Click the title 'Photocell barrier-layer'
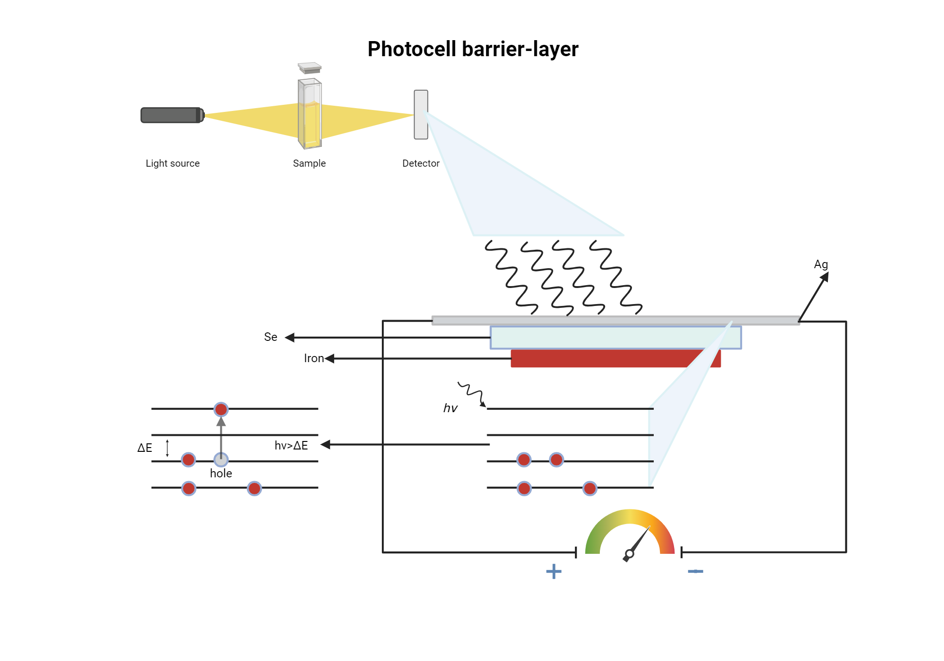click(472, 49)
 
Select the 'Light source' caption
click(172, 163)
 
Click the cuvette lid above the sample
click(310, 68)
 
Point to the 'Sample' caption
click(309, 163)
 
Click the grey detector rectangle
click(421, 115)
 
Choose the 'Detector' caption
click(421, 163)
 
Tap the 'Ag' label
click(821, 264)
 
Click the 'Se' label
click(270, 337)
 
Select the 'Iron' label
click(314, 358)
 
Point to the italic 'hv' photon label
click(450, 408)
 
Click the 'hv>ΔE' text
click(291, 445)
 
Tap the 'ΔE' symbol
click(145, 448)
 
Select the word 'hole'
click(221, 474)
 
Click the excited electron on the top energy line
click(221, 409)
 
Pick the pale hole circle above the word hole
click(221, 459)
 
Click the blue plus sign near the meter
click(554, 571)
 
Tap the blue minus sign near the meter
click(695, 571)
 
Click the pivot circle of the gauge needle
click(629, 554)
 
